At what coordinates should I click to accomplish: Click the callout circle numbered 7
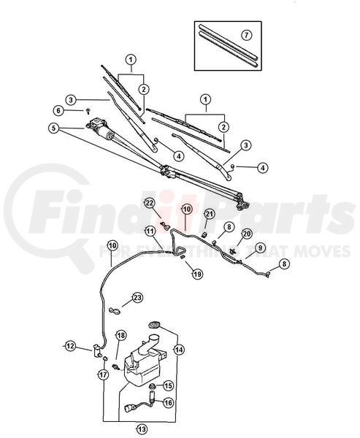246,35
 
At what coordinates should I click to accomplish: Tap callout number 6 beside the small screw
58,111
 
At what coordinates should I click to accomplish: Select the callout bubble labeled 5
53,128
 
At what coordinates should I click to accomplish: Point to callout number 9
260,247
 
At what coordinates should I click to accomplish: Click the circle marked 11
150,231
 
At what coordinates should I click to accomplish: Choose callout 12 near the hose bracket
70,346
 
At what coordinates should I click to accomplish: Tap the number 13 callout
142,429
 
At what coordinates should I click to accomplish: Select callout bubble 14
179,350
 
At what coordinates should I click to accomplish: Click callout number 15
168,386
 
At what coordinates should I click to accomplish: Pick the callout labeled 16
168,402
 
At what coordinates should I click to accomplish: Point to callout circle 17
103,374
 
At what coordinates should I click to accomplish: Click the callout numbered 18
121,336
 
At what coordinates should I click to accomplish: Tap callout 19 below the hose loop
197,274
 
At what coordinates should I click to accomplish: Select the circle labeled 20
247,234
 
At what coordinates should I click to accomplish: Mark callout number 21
210,215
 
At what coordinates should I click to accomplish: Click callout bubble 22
150,204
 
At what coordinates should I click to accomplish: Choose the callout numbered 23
137,298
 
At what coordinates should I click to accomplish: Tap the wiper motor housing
101,128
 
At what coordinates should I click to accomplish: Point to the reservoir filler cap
155,325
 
